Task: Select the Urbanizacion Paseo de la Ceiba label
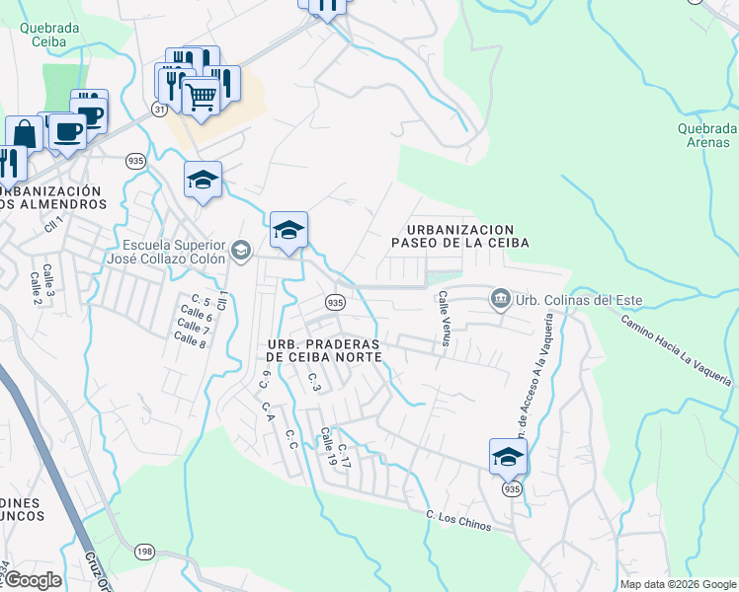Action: click(459, 235)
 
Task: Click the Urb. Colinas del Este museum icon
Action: click(500, 297)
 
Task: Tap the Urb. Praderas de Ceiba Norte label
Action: click(324, 350)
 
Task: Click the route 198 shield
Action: click(145, 551)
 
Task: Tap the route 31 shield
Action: click(159, 110)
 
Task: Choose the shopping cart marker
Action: click(201, 98)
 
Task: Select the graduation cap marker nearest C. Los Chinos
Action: click(508, 457)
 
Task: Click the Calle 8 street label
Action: click(189, 339)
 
